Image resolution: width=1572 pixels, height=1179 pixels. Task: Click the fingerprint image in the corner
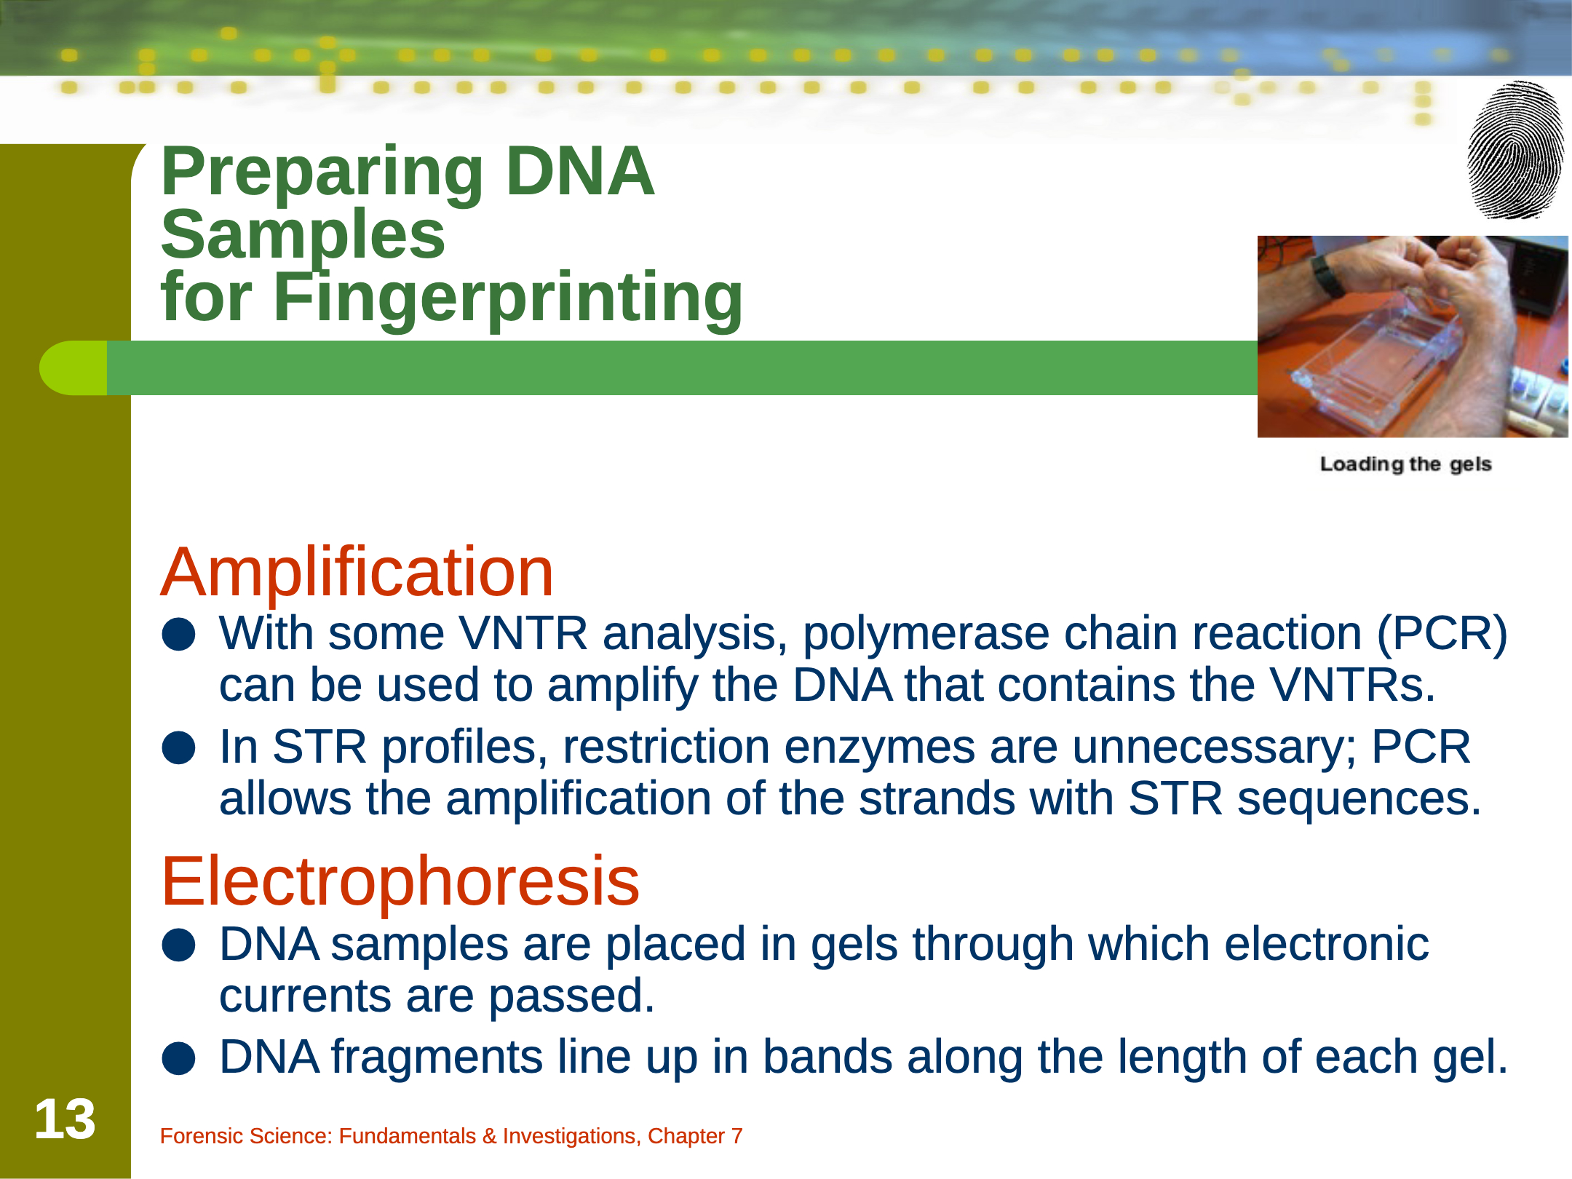pyautogui.click(x=1516, y=150)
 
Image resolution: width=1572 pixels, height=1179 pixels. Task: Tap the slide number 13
pyautogui.click(x=65, y=1119)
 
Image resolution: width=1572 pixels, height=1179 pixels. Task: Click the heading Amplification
pyautogui.click(x=357, y=572)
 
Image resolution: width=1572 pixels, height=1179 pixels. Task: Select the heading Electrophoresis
pyautogui.click(x=400, y=881)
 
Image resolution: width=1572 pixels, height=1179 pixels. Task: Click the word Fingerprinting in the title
pyautogui.click(x=508, y=298)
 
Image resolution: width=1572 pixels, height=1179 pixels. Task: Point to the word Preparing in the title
pyautogui.click(x=322, y=172)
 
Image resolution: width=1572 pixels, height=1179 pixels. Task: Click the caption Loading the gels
pyautogui.click(x=1406, y=464)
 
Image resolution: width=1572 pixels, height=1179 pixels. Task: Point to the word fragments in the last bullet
pyautogui.click(x=437, y=1057)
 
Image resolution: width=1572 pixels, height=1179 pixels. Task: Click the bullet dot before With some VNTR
pyautogui.click(x=179, y=635)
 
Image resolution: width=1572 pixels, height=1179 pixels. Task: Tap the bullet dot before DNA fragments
pyautogui.click(x=179, y=1058)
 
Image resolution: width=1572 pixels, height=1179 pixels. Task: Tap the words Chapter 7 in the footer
pyautogui.click(x=695, y=1136)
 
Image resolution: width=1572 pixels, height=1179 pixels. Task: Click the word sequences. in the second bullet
pyautogui.click(x=1359, y=799)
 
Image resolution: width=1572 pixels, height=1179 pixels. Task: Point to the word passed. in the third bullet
pyautogui.click(x=571, y=996)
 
